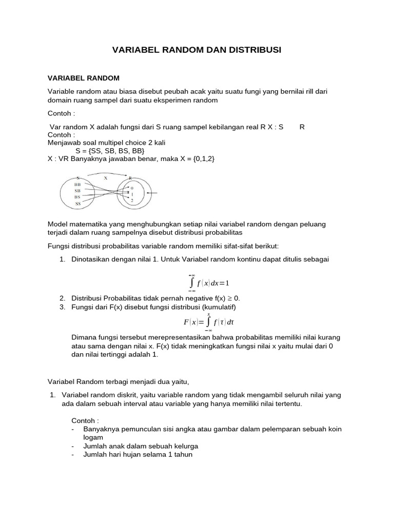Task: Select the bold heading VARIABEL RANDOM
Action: pos(83,78)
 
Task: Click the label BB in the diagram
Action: pos(77,184)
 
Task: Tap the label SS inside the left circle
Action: pos(78,204)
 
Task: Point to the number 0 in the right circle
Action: pos(131,188)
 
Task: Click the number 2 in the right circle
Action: pos(131,200)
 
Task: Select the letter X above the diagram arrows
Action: pos(106,177)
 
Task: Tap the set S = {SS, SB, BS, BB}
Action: pos(110,151)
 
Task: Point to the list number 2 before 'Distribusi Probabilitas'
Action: pos(62,298)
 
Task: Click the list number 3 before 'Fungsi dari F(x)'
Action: pos(62,307)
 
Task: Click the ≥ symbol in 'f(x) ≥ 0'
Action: pos(229,298)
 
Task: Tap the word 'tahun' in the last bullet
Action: pos(182,454)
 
